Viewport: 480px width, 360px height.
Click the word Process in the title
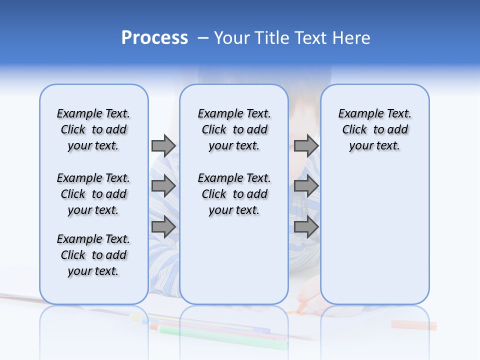[154, 38]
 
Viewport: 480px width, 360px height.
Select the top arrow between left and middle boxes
[163, 145]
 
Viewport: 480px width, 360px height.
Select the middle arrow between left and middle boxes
[163, 186]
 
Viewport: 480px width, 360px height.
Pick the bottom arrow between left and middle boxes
[163, 227]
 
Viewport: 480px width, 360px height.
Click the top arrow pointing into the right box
[306, 145]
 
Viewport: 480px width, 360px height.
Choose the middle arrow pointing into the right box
[306, 186]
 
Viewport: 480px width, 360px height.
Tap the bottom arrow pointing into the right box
[306, 227]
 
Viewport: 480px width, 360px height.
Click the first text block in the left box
[93, 129]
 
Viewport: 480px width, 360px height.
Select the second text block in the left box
[93, 194]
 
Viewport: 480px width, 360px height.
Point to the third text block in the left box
[93, 255]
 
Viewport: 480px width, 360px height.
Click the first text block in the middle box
[234, 129]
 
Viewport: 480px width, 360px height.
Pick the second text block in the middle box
[234, 194]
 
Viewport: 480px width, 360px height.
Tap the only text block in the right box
[374, 129]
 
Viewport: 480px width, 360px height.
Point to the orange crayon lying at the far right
[413, 325]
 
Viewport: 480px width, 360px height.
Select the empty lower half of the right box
[374, 235]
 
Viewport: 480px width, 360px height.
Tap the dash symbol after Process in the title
[203, 38]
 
